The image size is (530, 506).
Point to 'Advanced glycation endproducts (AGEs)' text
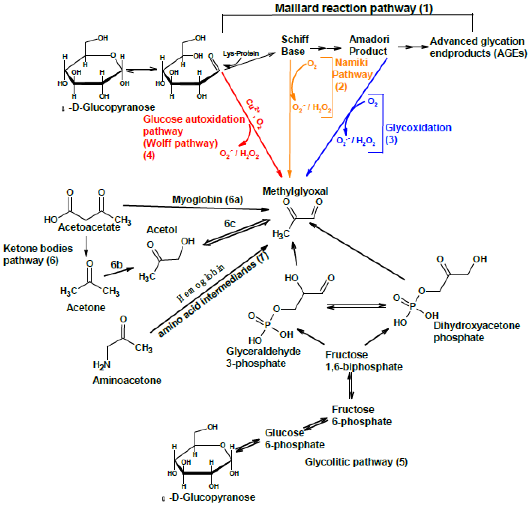(x=478, y=47)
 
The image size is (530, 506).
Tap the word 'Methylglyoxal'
(x=295, y=191)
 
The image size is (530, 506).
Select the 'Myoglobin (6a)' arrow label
(x=207, y=200)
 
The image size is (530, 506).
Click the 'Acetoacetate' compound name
(x=89, y=227)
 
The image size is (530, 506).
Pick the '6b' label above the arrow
(x=116, y=265)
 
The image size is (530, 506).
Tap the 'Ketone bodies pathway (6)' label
(x=38, y=254)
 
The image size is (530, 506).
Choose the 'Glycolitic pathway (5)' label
(x=356, y=462)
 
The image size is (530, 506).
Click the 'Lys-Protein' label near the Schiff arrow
(x=241, y=53)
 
